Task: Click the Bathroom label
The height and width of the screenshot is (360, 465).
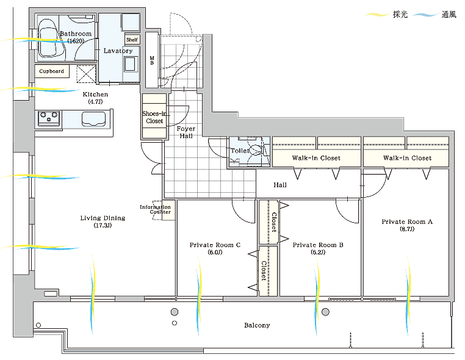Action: pyautogui.click(x=76, y=34)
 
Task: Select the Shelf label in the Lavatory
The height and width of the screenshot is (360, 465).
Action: pyautogui.click(x=132, y=40)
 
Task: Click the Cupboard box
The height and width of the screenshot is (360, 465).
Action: pyautogui.click(x=52, y=71)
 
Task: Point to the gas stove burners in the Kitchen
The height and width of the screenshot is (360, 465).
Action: pyautogui.click(x=49, y=117)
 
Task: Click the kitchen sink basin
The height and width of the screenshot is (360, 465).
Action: pyautogui.click(x=94, y=119)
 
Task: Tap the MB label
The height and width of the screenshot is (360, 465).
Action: pyautogui.click(x=152, y=60)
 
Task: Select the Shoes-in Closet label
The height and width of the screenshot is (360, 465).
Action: pyautogui.click(x=154, y=117)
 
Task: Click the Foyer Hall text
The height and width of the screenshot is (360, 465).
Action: pyautogui.click(x=186, y=132)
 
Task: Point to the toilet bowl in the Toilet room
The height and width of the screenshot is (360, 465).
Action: pyautogui.click(x=255, y=150)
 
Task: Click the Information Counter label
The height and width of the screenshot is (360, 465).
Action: pyautogui.click(x=156, y=209)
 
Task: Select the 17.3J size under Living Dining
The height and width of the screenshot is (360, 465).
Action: pyautogui.click(x=103, y=225)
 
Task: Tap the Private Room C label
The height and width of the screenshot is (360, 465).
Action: pyautogui.click(x=215, y=245)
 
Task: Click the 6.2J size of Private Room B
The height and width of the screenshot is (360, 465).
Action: pyautogui.click(x=318, y=253)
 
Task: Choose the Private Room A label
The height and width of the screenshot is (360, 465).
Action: pyautogui.click(x=407, y=222)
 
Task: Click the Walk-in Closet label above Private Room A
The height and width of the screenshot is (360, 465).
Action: pyautogui.click(x=407, y=158)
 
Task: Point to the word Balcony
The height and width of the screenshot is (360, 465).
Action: pyautogui.click(x=257, y=325)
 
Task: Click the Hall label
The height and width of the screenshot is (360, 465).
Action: pyautogui.click(x=280, y=185)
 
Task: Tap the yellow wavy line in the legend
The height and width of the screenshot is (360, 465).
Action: pyautogui.click(x=377, y=14)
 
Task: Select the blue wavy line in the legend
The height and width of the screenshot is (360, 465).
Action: pyautogui.click(x=425, y=15)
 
